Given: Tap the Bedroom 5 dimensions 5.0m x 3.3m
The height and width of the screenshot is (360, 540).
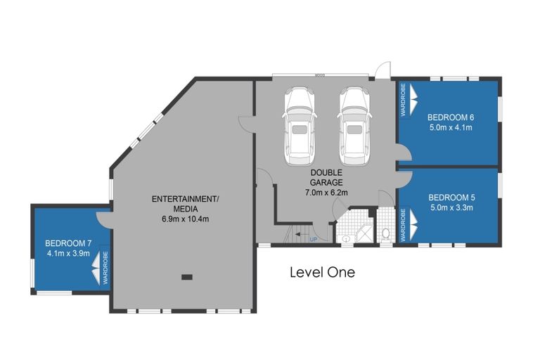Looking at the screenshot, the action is tap(451, 207).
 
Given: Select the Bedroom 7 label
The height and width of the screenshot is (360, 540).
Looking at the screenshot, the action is tap(68, 243).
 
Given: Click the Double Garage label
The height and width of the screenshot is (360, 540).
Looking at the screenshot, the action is tap(326, 177).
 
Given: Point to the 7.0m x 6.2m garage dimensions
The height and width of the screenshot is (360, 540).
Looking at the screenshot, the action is tap(326, 193).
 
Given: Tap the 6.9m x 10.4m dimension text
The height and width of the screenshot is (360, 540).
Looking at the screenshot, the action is tap(186, 219).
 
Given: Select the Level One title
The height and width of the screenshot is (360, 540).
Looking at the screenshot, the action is tap(322, 272).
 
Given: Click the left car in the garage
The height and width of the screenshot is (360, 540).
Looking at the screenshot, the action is tap(300, 126).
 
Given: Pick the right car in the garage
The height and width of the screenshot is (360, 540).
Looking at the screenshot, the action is tap(355, 126).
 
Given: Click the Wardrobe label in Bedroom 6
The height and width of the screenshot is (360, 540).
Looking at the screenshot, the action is tap(404, 100).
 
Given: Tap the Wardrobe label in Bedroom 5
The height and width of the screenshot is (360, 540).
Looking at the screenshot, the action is tap(404, 225).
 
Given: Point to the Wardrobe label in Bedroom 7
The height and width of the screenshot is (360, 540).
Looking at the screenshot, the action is tap(105, 268).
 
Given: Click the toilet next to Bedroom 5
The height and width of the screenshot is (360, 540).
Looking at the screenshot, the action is tap(386, 233).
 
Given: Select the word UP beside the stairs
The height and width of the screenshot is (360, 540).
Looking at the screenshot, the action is tap(314, 240).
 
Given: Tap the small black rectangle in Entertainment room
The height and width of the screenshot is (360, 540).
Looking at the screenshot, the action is tap(187, 276).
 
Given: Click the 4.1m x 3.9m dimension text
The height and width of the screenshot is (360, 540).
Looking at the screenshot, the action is tap(68, 254).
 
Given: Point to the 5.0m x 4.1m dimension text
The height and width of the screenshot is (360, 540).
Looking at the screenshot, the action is tap(451, 127).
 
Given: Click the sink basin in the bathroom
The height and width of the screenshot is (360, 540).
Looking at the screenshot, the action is tap(346, 238).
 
